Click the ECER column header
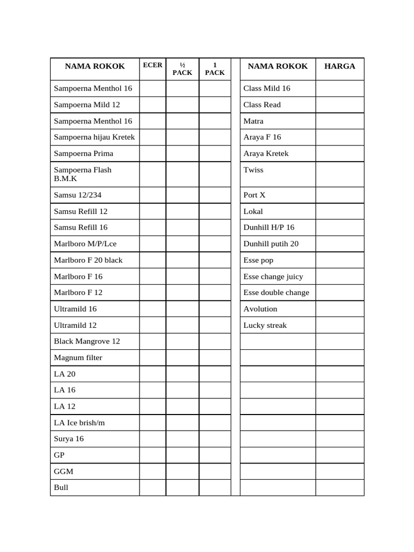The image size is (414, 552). [x=153, y=65]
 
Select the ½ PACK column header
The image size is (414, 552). [x=182, y=69]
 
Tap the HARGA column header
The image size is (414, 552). [x=340, y=66]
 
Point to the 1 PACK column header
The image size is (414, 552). [x=215, y=69]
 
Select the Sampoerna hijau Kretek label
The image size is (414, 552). [x=94, y=137]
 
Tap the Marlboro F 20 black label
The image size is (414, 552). [x=88, y=260]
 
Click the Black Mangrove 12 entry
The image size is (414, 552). [x=87, y=341]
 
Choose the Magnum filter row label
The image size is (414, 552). [x=78, y=357]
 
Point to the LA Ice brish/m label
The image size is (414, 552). [x=79, y=423]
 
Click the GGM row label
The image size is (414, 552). [x=64, y=471]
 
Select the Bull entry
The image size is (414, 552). [x=61, y=487]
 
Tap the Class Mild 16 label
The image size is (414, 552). [x=267, y=88]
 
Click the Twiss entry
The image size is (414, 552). [x=253, y=170]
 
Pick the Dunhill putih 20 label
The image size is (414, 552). [x=271, y=244]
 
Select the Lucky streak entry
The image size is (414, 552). [x=265, y=325]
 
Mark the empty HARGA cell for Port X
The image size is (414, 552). [x=340, y=195]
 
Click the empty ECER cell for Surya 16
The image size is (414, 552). [x=153, y=439]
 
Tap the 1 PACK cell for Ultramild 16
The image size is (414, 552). [x=215, y=309]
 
